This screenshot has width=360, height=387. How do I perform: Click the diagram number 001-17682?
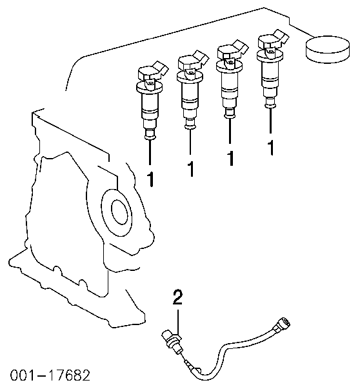click(50, 375)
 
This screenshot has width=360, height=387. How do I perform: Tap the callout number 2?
click(177, 297)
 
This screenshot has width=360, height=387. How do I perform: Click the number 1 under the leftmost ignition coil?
click(150, 179)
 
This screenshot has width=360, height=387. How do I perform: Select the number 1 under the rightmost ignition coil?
click(271, 148)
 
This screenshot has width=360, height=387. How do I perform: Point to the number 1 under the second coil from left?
click(190, 169)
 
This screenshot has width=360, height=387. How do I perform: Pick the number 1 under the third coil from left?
click(230, 159)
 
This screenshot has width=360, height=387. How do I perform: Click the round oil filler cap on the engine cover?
click(327, 49)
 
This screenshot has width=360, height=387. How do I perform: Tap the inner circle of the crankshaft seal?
click(120, 212)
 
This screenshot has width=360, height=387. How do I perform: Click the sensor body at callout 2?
click(172, 341)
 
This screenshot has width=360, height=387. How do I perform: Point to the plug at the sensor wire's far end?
click(282, 324)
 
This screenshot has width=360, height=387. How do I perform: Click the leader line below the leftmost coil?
click(150, 152)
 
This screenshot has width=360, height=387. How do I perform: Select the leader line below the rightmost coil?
click(271, 121)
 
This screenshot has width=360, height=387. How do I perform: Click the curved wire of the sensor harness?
click(235, 350)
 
